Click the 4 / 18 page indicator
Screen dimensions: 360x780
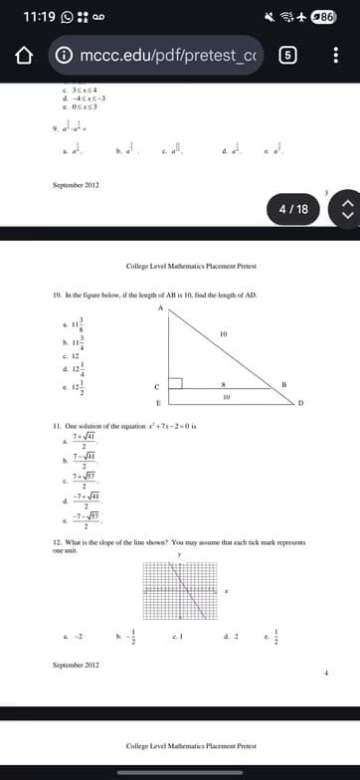(294, 209)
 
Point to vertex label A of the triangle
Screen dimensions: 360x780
(157, 310)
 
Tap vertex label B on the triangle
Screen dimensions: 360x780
(285, 411)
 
